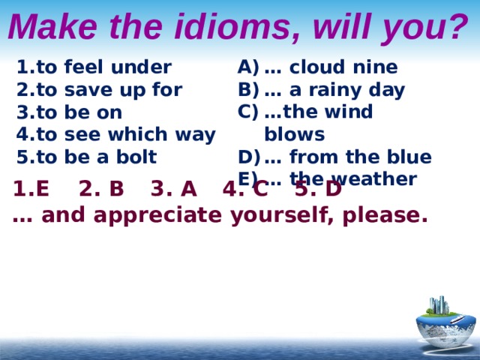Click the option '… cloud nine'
[330, 67]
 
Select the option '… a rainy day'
[334, 90]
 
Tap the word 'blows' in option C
[294, 135]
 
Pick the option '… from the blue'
[347, 157]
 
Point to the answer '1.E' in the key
[31, 189]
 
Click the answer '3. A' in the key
[174, 189]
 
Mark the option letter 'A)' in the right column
[247, 67]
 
